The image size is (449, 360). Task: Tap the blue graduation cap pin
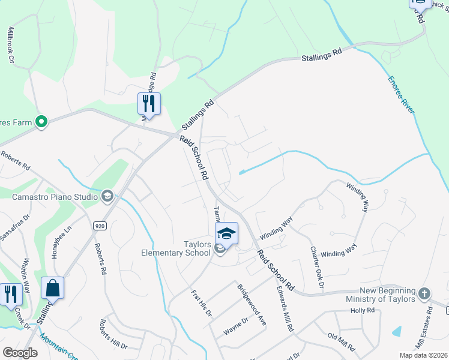click(227, 233)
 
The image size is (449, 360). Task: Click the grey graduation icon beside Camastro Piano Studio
click(107, 196)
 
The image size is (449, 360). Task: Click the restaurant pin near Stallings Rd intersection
click(149, 104)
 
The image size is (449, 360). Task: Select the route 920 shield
click(100, 226)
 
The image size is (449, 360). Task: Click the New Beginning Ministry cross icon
click(424, 294)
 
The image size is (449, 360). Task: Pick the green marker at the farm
click(41, 122)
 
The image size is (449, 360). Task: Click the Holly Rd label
click(363, 310)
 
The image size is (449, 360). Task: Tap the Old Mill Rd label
click(342, 342)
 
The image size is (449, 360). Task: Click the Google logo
click(20, 353)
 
